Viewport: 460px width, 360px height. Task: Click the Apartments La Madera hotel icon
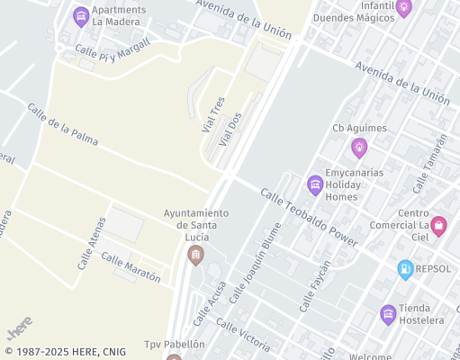point(81,15)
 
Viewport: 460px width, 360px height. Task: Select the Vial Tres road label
point(212,116)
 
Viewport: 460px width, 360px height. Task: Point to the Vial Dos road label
point(230,130)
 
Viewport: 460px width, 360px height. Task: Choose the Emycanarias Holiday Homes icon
point(315,185)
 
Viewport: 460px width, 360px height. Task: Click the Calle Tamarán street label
point(429,163)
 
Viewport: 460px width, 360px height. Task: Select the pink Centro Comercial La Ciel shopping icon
point(438,225)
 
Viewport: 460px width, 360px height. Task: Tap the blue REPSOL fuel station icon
point(406,268)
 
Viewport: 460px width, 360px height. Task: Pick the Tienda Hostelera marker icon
point(388,313)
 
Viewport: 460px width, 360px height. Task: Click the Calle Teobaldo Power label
point(309,217)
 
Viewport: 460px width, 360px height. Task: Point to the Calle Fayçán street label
point(315,285)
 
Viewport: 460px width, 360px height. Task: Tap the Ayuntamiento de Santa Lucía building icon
point(195,256)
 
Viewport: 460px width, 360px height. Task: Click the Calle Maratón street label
point(131,268)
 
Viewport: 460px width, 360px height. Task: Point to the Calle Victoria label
point(242,335)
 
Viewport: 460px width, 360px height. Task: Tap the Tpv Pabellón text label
point(175,345)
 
